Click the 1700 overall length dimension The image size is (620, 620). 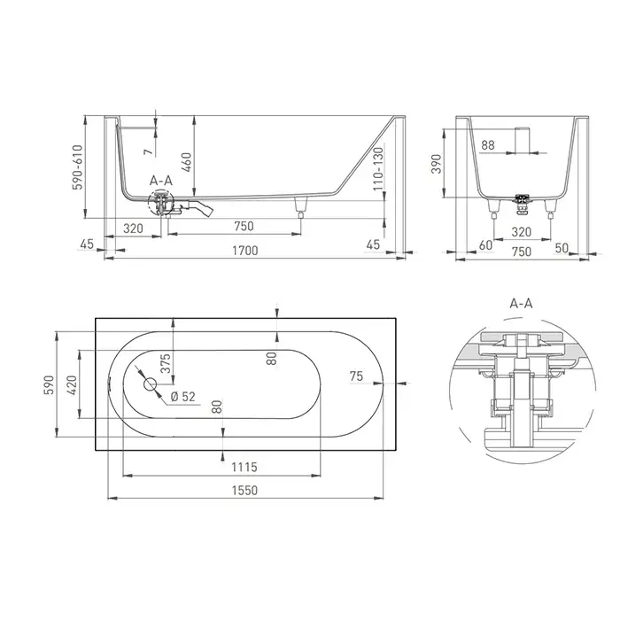pos(245,251)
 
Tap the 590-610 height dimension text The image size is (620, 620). pos(78,167)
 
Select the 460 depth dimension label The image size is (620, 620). pos(186,162)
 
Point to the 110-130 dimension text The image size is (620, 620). pos(378,168)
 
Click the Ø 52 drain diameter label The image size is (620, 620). pos(183,396)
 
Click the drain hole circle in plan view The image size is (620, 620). pos(151,384)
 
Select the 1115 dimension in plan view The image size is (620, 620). pos(244,467)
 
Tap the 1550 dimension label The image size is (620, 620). pos(244,491)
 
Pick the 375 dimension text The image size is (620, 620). pos(166,363)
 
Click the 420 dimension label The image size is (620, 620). pos(72,385)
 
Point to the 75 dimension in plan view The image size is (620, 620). pos(356,376)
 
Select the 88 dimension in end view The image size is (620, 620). pos(488,145)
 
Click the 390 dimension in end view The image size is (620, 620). pos(436,164)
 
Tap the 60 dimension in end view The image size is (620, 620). pos(485,245)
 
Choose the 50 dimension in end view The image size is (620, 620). pos(562,248)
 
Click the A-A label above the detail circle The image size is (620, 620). pos(521,303)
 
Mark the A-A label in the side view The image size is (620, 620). pos(161,181)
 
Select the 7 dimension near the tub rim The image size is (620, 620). pos(148,151)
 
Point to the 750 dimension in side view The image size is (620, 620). pos(244,226)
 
